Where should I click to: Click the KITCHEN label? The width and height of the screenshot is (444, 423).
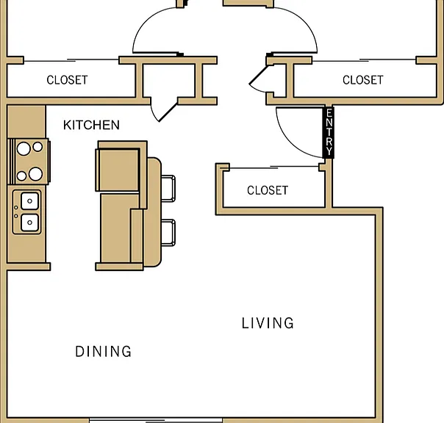coord(91,125)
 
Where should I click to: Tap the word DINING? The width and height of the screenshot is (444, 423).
coord(104,352)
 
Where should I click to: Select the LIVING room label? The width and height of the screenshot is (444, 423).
coord(268,323)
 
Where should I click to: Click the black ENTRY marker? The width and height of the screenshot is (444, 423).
coord(329,132)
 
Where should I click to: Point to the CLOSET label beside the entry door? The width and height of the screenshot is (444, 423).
coord(268,190)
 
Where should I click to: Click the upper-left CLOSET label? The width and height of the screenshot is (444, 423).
coord(67,80)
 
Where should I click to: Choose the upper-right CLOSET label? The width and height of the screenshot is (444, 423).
coord(363,80)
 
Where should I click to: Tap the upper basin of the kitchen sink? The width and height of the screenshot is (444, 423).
coord(29,201)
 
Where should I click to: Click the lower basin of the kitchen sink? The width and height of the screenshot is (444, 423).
coord(29,223)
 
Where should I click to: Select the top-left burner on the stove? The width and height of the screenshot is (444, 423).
coord(24,148)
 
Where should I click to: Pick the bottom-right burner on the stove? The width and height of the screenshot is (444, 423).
coord(36,174)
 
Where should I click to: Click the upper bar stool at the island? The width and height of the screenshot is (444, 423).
coord(168,189)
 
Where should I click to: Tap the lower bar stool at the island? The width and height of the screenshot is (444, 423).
coord(168,233)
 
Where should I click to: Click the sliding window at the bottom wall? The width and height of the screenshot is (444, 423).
coord(156,420)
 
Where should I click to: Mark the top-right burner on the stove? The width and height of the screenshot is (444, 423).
coord(37,147)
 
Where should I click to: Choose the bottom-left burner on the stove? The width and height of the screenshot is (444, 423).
coord(21,176)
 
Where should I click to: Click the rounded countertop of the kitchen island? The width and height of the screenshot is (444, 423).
coord(154,212)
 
